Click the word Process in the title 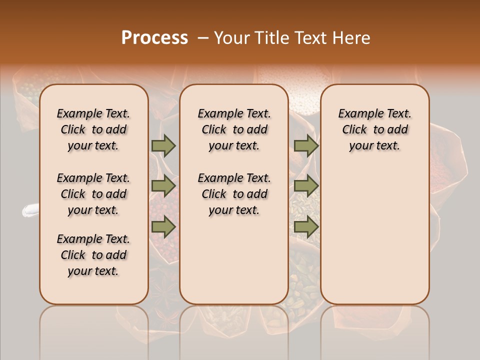point(154,38)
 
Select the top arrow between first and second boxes point(163,145)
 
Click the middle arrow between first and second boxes point(163,186)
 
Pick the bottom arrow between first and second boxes point(163,227)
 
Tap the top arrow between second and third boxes point(306,145)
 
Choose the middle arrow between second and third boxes point(306,186)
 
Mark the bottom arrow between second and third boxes point(306,227)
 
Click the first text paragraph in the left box point(93,129)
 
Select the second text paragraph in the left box point(93,194)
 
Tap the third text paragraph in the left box point(93,255)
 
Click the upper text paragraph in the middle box point(234,129)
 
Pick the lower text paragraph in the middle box point(234,194)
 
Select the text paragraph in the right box point(375,129)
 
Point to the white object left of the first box point(30,211)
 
